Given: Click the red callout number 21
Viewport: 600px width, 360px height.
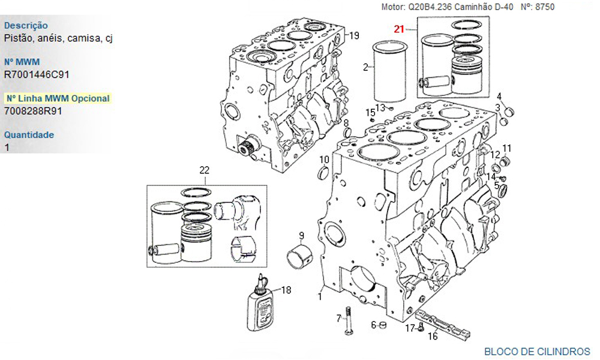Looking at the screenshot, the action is (x=399, y=29).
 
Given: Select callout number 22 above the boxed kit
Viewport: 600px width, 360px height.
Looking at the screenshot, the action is (x=205, y=170).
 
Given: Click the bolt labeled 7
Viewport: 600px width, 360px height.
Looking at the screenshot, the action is (x=348, y=320).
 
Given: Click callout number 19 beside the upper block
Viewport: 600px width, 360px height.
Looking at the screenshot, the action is (x=355, y=35).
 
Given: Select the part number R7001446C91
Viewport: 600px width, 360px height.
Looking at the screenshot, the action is (x=37, y=74).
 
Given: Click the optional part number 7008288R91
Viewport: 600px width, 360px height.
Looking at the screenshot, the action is (x=33, y=111).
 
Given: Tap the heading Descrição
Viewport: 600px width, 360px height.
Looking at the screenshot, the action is (x=26, y=26).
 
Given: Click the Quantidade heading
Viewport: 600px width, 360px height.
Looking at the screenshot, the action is (x=29, y=134).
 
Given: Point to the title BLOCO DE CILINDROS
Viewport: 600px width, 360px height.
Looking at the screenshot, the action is (x=537, y=351).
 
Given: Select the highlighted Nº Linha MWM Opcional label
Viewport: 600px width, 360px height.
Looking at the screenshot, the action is (x=58, y=98).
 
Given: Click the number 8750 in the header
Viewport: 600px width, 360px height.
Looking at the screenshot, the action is (x=545, y=7).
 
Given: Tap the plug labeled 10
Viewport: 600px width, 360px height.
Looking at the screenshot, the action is (x=324, y=173).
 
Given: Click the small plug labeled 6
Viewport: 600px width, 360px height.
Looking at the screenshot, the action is (x=383, y=326).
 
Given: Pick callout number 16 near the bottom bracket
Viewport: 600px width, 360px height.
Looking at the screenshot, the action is (x=433, y=336).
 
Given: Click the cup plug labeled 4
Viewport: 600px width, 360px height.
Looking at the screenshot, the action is (x=509, y=112).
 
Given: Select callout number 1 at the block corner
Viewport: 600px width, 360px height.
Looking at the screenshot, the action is (x=320, y=296).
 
